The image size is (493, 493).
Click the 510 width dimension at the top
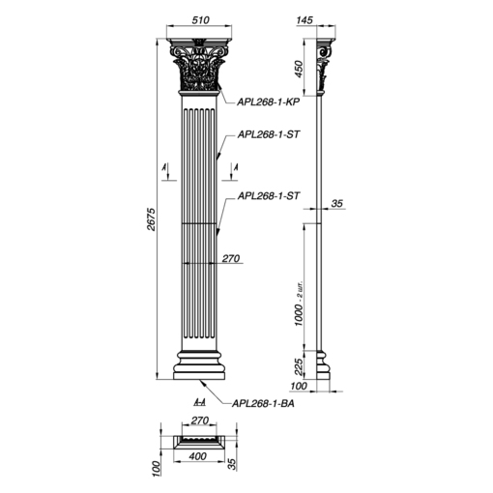pos(200,20)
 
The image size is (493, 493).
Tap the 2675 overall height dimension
pos(152,219)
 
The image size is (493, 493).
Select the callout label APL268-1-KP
pos(269,101)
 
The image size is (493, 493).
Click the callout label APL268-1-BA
pos(263,403)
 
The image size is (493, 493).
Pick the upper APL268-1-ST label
pos(269,134)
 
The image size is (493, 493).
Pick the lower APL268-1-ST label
pos(269,196)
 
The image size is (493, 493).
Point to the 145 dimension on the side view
pos(304,20)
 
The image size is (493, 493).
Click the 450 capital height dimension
pos(299,69)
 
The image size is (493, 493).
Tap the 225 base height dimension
pos(299,367)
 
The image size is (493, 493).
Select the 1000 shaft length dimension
pos(299,315)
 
